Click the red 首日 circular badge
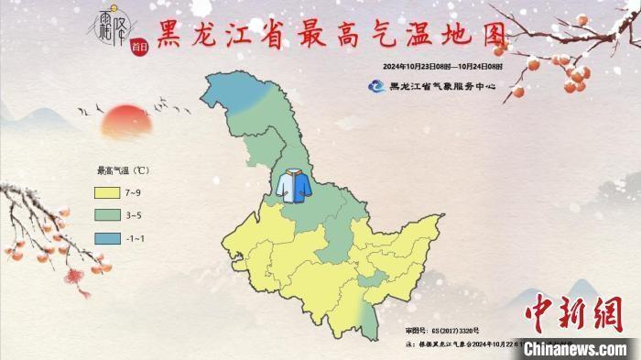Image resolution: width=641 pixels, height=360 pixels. point(138,49)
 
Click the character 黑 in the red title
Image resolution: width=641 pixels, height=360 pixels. point(175,35)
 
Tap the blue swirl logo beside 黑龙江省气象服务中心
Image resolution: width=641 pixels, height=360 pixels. point(376,87)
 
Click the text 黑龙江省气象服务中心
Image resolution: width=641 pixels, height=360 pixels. point(442,87)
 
